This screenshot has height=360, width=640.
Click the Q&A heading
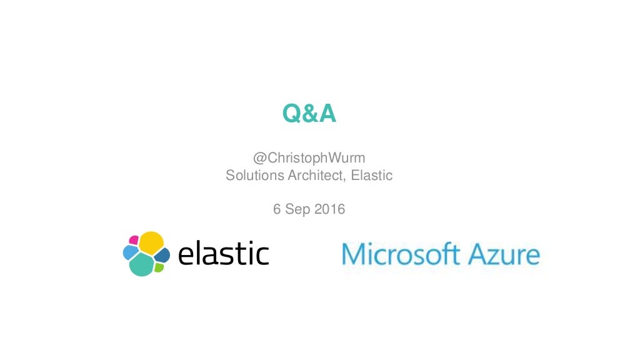click(309, 114)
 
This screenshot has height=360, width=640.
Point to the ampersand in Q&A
click(309, 114)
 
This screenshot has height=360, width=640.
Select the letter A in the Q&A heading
click(327, 114)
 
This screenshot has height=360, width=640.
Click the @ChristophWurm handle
click(309, 159)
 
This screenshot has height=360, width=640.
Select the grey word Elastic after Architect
click(372, 176)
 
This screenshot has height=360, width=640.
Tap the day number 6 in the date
click(277, 209)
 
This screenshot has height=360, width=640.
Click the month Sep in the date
click(297, 209)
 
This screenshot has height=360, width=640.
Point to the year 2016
click(329, 209)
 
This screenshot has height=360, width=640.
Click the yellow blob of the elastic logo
click(151, 242)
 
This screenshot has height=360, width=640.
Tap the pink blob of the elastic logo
click(134, 239)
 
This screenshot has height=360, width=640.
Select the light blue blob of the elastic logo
click(130, 252)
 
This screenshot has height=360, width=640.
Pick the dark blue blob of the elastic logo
click(162, 255)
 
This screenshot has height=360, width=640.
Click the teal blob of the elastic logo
click(141, 264)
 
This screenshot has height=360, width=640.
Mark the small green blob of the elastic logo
click(159, 267)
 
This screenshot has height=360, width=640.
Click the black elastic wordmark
click(224, 254)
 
